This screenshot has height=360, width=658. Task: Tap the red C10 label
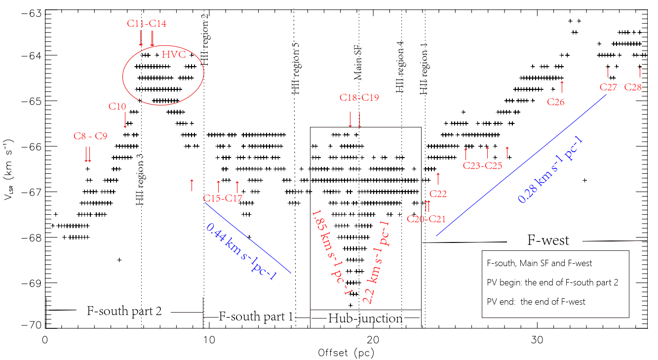[x=117, y=106]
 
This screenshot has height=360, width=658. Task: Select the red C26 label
[x=556, y=102]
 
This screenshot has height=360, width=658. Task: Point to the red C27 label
[x=608, y=87]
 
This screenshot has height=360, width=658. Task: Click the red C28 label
[x=633, y=87]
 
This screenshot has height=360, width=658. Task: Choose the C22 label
[x=438, y=194]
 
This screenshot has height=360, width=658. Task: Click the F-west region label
[x=548, y=240]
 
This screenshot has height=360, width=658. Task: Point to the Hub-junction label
[x=365, y=319]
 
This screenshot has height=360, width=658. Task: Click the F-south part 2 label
[x=124, y=311]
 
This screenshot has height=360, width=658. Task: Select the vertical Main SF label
[x=358, y=61]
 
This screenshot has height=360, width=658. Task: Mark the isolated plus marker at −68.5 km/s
[x=119, y=260]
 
